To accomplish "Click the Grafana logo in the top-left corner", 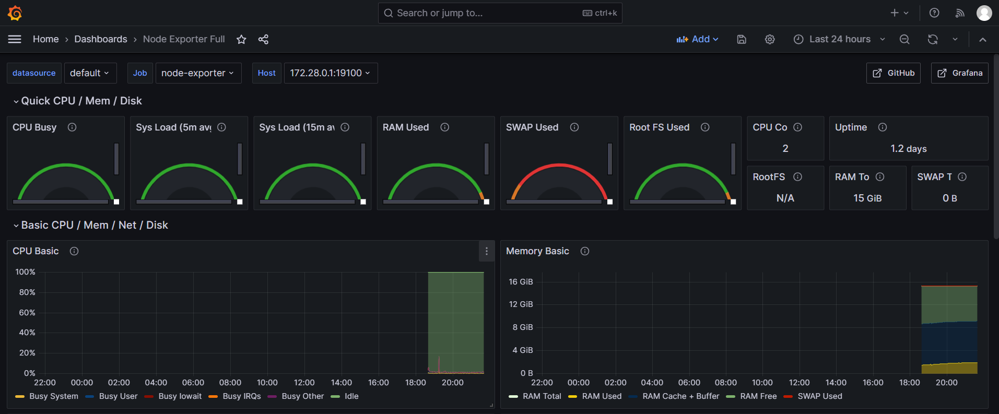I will click(x=15, y=13).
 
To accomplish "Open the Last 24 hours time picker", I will click(x=839, y=39).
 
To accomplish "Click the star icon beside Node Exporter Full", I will click(x=241, y=40).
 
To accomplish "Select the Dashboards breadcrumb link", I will click(x=101, y=39).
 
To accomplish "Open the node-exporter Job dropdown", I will click(x=198, y=73).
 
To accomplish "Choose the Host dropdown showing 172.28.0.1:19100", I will click(x=330, y=73).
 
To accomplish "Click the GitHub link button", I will click(x=894, y=73).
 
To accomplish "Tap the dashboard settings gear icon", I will click(x=770, y=40).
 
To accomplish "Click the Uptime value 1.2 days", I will click(x=909, y=149).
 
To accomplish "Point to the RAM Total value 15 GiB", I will click(x=867, y=198).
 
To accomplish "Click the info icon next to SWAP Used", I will click(x=574, y=127).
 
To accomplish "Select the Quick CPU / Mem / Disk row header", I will click(x=81, y=101).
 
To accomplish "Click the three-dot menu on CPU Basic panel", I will click(x=487, y=251).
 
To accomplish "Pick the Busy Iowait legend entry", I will click(x=180, y=396).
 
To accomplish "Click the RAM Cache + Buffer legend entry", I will click(x=680, y=396).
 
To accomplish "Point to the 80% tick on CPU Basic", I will click(x=27, y=292).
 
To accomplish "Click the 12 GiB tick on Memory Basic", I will click(x=521, y=304).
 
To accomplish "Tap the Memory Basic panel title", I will click(x=537, y=251).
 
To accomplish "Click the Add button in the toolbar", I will click(x=697, y=39).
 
